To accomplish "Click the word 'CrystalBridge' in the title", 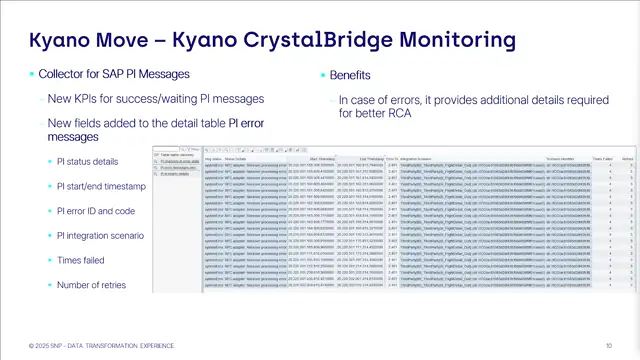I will (329, 41).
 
